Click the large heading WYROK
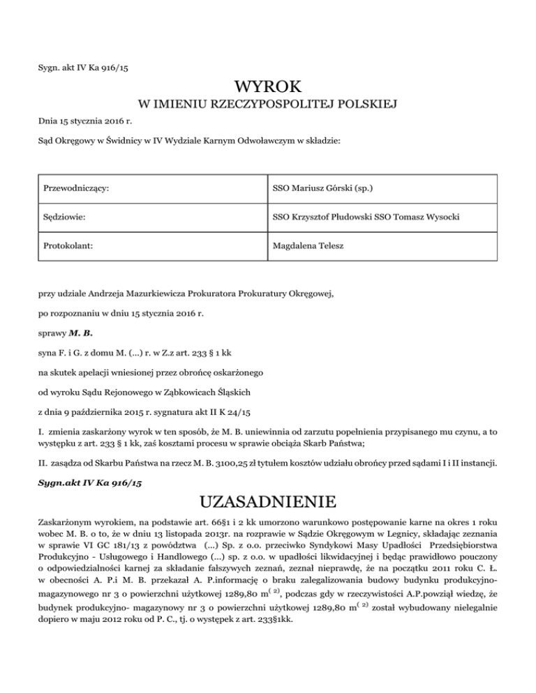click(x=268, y=87)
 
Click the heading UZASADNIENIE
click(x=268, y=503)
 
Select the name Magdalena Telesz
click(x=306, y=247)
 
